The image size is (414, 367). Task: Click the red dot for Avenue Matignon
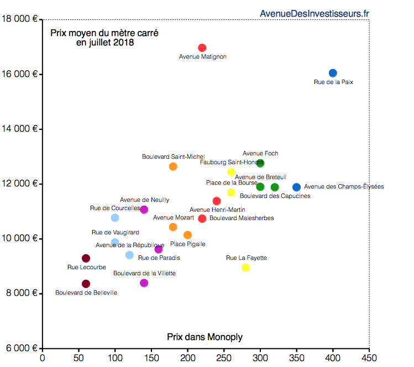click(x=202, y=48)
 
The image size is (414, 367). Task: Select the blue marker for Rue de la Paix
click(x=333, y=73)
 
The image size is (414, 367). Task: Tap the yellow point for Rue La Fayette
click(x=246, y=268)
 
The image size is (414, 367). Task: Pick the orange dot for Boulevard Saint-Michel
click(x=173, y=166)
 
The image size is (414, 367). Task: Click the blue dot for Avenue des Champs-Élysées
click(x=297, y=187)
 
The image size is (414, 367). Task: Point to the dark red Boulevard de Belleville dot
click(x=86, y=284)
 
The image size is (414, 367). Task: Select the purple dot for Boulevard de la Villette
click(x=144, y=283)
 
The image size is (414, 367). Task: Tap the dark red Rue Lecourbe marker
click(x=86, y=258)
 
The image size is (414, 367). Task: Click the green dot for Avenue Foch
click(x=260, y=163)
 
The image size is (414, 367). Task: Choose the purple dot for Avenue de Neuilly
click(x=144, y=209)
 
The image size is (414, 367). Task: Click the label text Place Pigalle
click(x=187, y=244)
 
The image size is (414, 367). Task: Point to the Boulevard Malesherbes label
click(x=242, y=218)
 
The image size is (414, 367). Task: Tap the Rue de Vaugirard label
click(x=115, y=233)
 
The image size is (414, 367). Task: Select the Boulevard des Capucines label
click(x=275, y=196)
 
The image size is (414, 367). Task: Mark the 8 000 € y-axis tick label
click(x=22, y=293)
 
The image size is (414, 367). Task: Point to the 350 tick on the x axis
click(x=296, y=358)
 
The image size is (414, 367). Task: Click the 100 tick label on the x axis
click(x=115, y=358)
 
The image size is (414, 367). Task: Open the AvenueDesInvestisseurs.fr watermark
click(x=314, y=13)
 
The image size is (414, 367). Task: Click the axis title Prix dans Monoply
click(x=205, y=337)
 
